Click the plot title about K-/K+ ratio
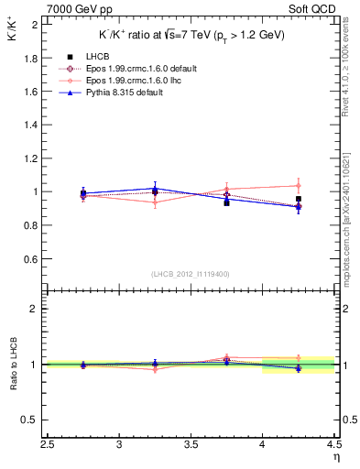pyautogui.click(x=191, y=35)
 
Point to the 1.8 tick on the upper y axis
pyautogui.click(x=32, y=58)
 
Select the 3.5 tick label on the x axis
pyautogui.click(x=191, y=446)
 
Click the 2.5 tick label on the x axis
pyautogui.click(x=49, y=446)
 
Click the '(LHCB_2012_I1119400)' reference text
pyautogui.click(x=191, y=274)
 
